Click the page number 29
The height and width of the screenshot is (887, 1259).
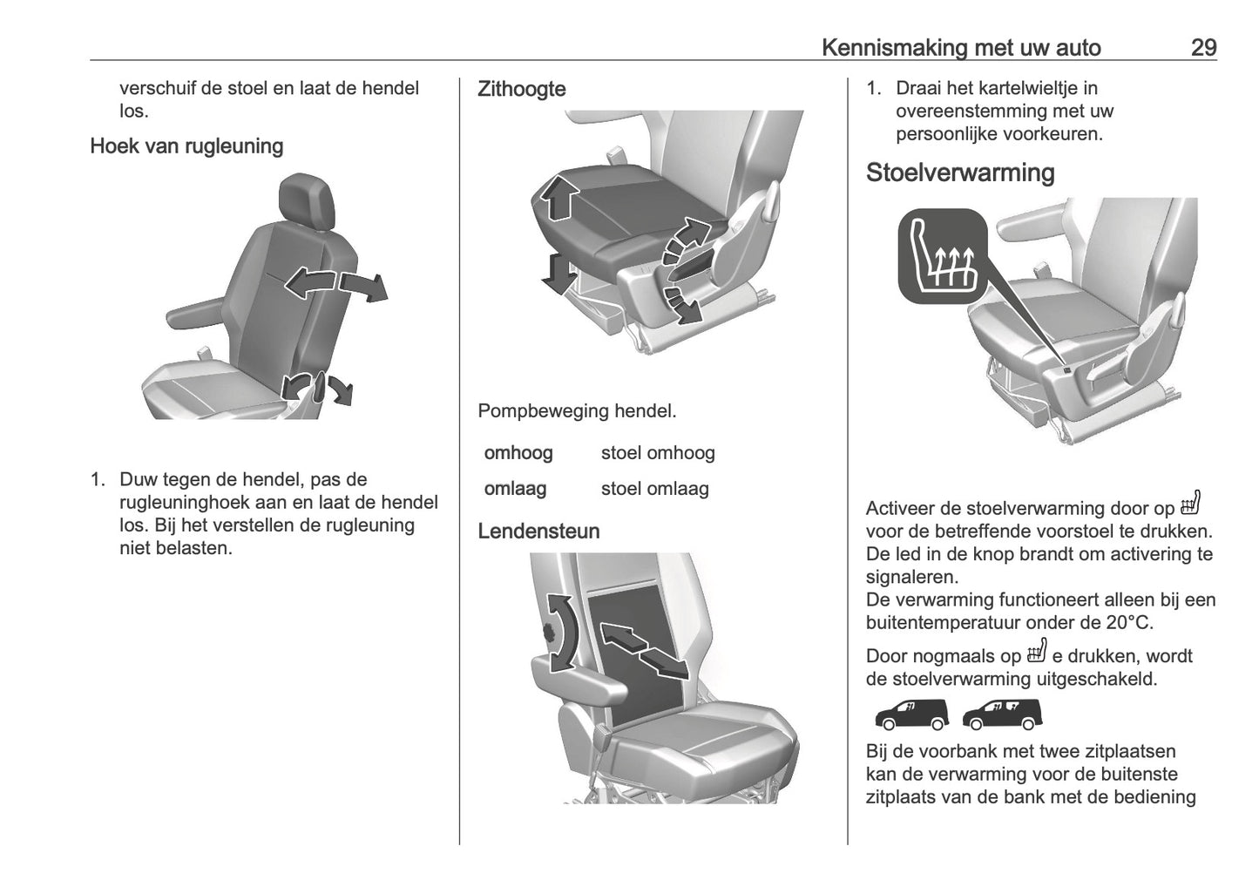click(1203, 47)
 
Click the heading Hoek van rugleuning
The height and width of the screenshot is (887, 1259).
click(186, 146)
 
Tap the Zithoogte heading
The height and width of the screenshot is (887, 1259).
click(521, 89)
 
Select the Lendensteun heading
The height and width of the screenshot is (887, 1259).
click(538, 531)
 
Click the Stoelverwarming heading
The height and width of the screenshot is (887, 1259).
click(960, 173)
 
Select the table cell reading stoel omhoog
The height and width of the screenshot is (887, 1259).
click(658, 453)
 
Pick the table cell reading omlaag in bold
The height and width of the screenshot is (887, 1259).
click(515, 489)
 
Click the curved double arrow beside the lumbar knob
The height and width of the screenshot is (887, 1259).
click(562, 633)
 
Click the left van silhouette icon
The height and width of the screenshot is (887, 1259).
click(910, 714)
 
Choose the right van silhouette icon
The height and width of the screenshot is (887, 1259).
click(1002, 714)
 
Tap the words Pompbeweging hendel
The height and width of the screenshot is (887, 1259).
click(577, 410)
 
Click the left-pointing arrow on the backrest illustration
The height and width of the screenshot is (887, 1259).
click(308, 283)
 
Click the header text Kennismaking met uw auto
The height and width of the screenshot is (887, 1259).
click(961, 47)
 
